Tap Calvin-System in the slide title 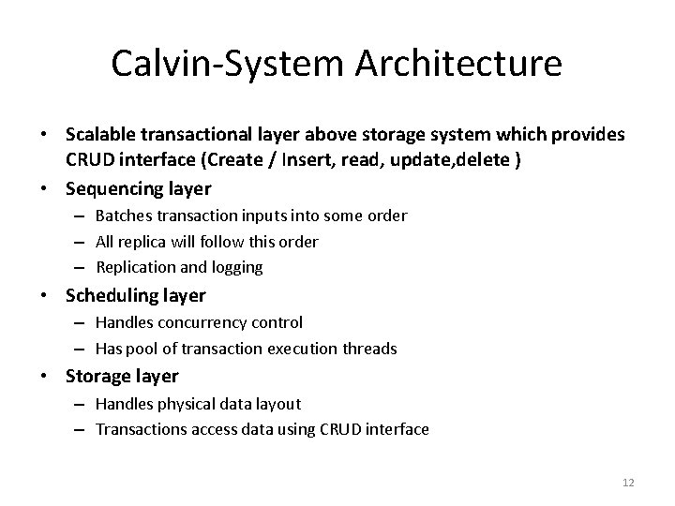217,64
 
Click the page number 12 628,482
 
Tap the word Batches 124,216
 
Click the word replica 144,242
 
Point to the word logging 235,267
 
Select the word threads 369,349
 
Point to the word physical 187,404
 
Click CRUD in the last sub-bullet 336,430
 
